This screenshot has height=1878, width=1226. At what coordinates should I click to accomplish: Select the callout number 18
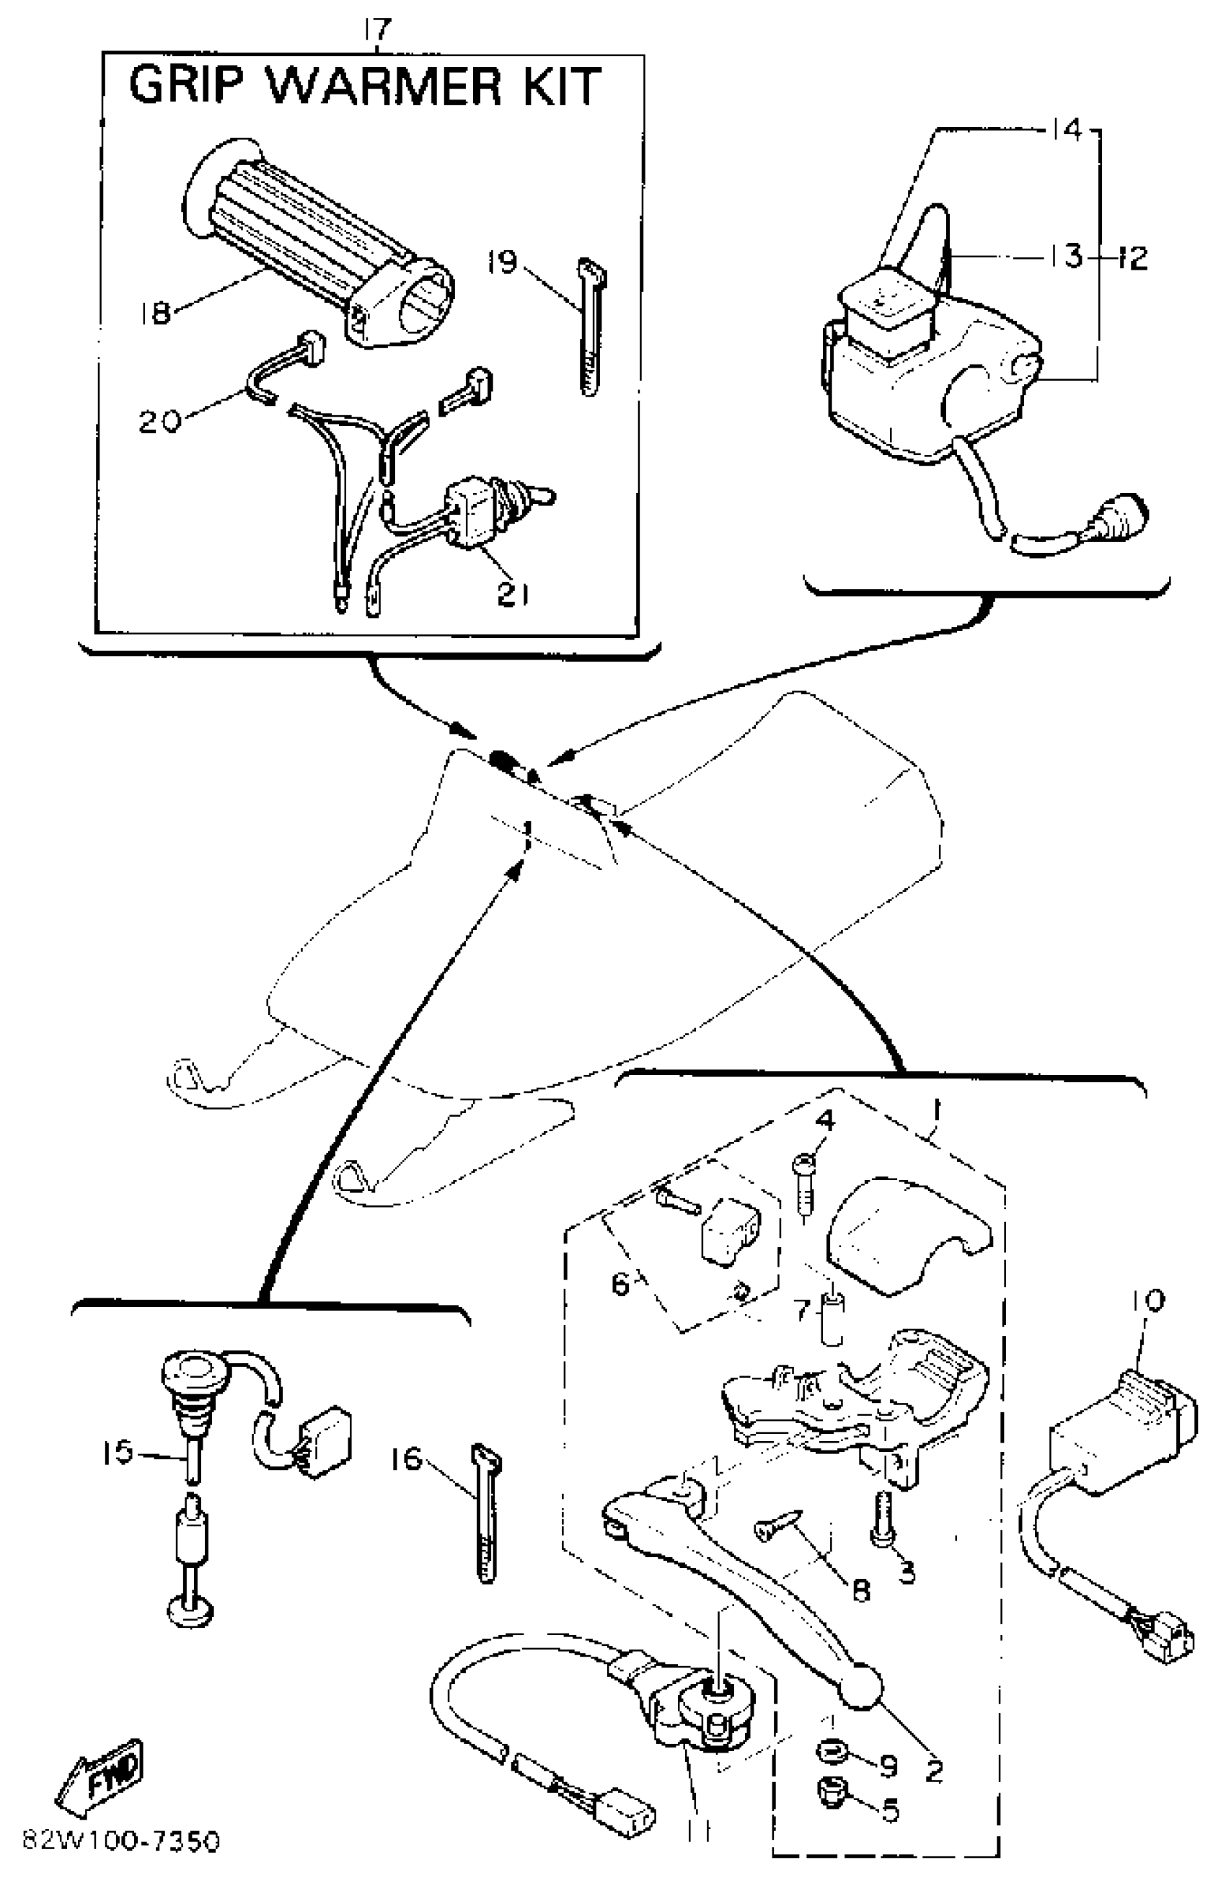(155, 314)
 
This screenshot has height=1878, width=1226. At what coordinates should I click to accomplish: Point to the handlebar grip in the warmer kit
(316, 244)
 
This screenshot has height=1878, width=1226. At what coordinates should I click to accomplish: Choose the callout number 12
(1133, 257)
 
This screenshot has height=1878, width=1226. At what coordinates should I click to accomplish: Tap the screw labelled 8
(777, 1525)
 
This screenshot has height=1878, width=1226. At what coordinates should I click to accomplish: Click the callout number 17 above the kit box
(378, 31)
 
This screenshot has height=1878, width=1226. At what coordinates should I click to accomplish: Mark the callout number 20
(159, 420)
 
